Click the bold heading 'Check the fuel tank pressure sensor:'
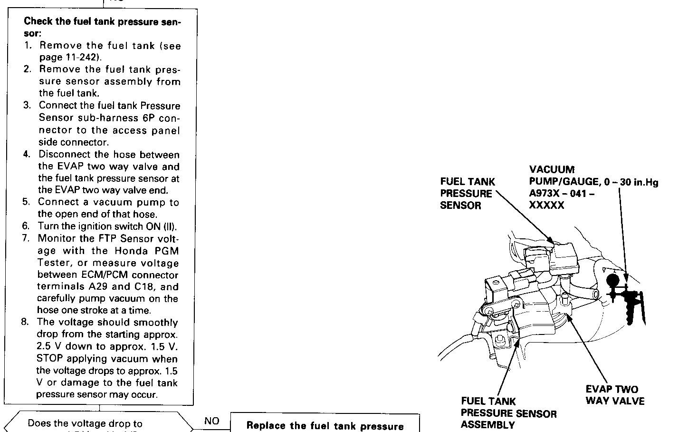[x=102, y=28]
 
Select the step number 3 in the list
[x=27, y=106]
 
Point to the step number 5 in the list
[x=26, y=202]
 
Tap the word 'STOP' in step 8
[x=49, y=359]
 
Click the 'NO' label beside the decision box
[x=211, y=421]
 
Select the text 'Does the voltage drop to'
[x=85, y=423]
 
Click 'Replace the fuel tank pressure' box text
[x=325, y=426]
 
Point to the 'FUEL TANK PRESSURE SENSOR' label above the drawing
[x=467, y=194]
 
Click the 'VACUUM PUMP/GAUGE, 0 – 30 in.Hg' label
[x=593, y=176]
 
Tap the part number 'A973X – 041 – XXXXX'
[x=561, y=199]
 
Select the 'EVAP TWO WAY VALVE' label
[x=615, y=395]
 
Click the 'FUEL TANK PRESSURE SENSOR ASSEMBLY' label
[x=508, y=413]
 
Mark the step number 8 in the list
[x=25, y=322]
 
